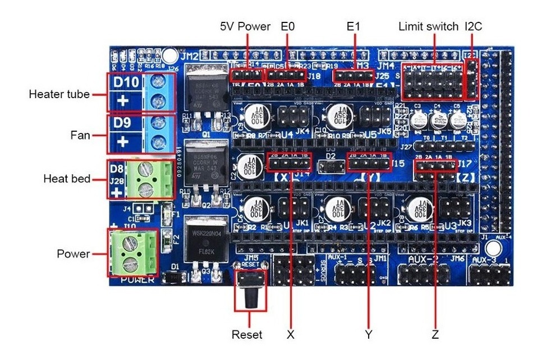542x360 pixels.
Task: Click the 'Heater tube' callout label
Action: pyautogui.click(x=59, y=94)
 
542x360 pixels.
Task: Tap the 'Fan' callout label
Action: pyautogui.click(x=82, y=135)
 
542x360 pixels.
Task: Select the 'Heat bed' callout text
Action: pyautogui.click(x=67, y=179)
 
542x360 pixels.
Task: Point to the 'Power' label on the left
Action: pyautogui.click(x=73, y=254)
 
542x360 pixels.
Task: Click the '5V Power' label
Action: pyautogui.click(x=245, y=26)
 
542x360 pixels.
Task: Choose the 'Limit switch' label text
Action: pyautogui.click(x=428, y=26)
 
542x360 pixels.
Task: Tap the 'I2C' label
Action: pyautogui.click(x=474, y=26)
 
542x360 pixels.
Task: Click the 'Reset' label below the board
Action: pyautogui.click(x=247, y=335)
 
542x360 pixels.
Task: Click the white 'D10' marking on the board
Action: pyautogui.click(x=126, y=82)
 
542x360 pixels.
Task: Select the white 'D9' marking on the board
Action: pyautogui.click(x=123, y=122)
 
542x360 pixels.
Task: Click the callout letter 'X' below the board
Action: pyautogui.click(x=291, y=335)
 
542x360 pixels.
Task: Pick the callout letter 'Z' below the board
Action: pyautogui.click(x=435, y=335)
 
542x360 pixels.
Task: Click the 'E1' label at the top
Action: pyautogui.click(x=353, y=26)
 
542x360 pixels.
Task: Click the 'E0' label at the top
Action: pyautogui.click(x=287, y=26)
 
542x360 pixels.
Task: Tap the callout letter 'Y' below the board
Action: pyautogui.click(x=368, y=335)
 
